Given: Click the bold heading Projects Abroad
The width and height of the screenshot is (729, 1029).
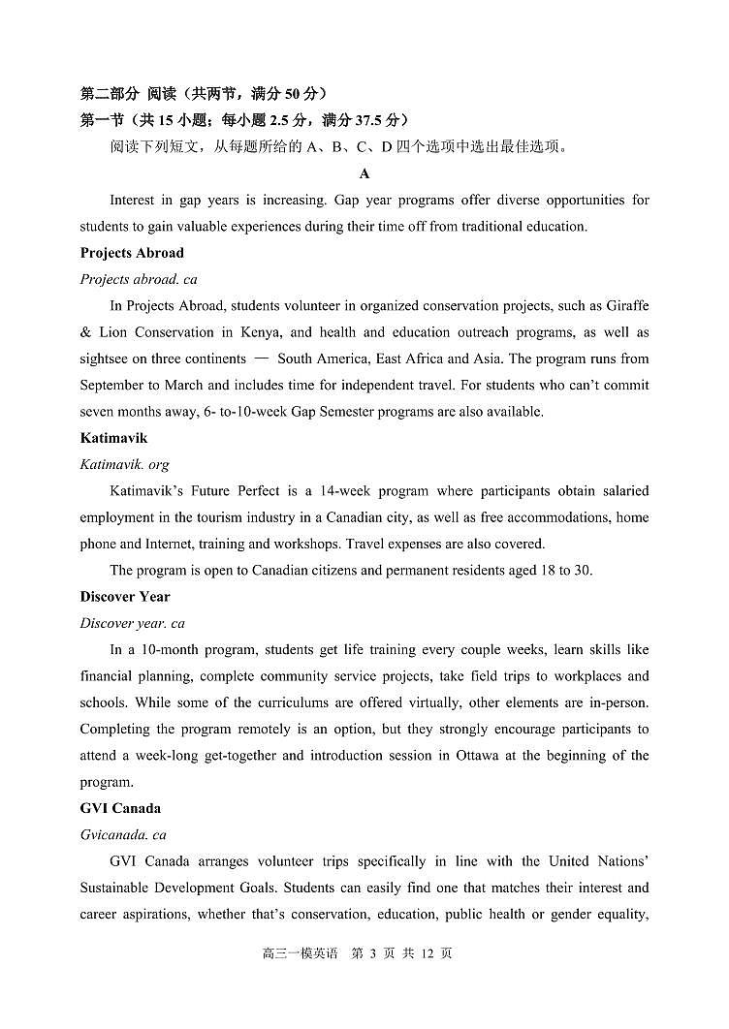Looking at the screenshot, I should click(x=132, y=253).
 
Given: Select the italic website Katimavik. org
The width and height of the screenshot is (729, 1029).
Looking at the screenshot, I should click(x=124, y=465).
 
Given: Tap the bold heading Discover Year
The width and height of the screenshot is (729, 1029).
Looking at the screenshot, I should click(x=125, y=597).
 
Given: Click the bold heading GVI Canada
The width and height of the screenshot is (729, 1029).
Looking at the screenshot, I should click(x=120, y=808).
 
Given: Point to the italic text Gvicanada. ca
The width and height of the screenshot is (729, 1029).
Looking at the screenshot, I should click(x=123, y=835).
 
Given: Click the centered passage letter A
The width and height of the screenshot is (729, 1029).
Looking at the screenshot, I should click(x=364, y=174).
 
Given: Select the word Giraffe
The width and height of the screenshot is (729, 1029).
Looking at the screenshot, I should click(x=626, y=306).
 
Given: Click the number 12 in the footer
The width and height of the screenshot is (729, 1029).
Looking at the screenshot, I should click(x=428, y=953).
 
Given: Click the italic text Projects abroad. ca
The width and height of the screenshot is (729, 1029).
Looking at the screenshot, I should click(x=139, y=279).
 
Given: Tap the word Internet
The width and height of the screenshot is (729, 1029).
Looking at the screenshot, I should click(x=168, y=545).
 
